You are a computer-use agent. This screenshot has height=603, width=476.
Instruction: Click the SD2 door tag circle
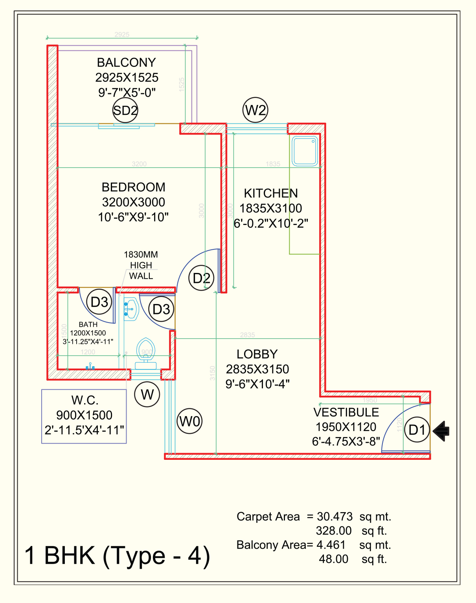(x=125, y=110)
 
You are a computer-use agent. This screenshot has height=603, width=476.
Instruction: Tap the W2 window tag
(x=255, y=110)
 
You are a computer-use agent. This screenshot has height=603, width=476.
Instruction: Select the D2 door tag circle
(x=202, y=278)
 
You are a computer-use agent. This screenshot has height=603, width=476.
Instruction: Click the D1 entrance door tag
(x=417, y=430)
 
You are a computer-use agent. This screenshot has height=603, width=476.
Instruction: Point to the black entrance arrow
(x=441, y=431)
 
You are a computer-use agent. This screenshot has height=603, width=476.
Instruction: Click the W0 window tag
(x=189, y=421)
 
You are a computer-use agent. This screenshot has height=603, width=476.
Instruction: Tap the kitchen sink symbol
(x=305, y=151)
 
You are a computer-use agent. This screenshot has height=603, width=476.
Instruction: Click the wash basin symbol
(x=131, y=309)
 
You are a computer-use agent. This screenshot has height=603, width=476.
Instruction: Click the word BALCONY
(x=126, y=63)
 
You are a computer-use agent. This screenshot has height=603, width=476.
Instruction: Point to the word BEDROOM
(x=133, y=187)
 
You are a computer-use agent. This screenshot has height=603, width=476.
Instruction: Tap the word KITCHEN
(x=271, y=194)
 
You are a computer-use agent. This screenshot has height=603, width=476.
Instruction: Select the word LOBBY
(x=257, y=354)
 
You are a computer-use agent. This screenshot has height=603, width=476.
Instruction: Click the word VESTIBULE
(x=346, y=412)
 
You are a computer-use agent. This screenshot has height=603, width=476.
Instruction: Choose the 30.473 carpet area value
(x=335, y=516)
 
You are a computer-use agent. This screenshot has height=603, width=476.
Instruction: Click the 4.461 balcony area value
(x=331, y=545)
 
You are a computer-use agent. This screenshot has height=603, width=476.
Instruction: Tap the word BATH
(x=88, y=325)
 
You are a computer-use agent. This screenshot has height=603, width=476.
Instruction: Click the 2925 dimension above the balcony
(x=122, y=35)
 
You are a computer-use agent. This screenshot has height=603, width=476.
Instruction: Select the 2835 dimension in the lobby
(x=248, y=335)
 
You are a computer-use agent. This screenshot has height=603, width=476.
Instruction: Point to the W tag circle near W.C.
(x=147, y=394)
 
